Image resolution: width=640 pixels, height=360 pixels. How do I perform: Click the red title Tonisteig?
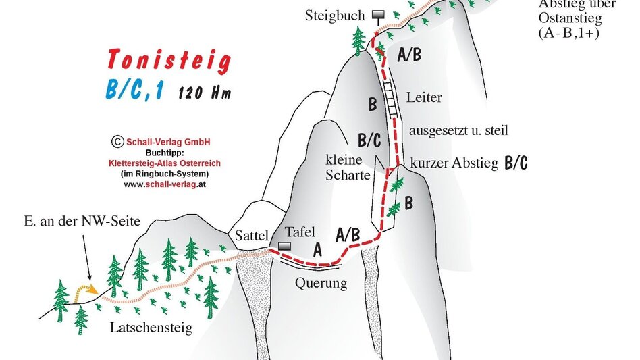tap(169, 61)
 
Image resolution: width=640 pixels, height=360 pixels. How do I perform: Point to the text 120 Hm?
tap(205, 93)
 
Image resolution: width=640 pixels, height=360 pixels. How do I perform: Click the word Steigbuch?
tap(335, 15)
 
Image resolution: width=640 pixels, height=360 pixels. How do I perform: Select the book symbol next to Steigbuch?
tap(376, 15)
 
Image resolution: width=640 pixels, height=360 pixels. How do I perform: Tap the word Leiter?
tap(424, 98)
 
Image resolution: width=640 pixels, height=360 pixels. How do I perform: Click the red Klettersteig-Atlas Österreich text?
tap(165, 163)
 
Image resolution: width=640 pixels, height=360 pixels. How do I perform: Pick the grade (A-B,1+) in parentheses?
tap(569, 32)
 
